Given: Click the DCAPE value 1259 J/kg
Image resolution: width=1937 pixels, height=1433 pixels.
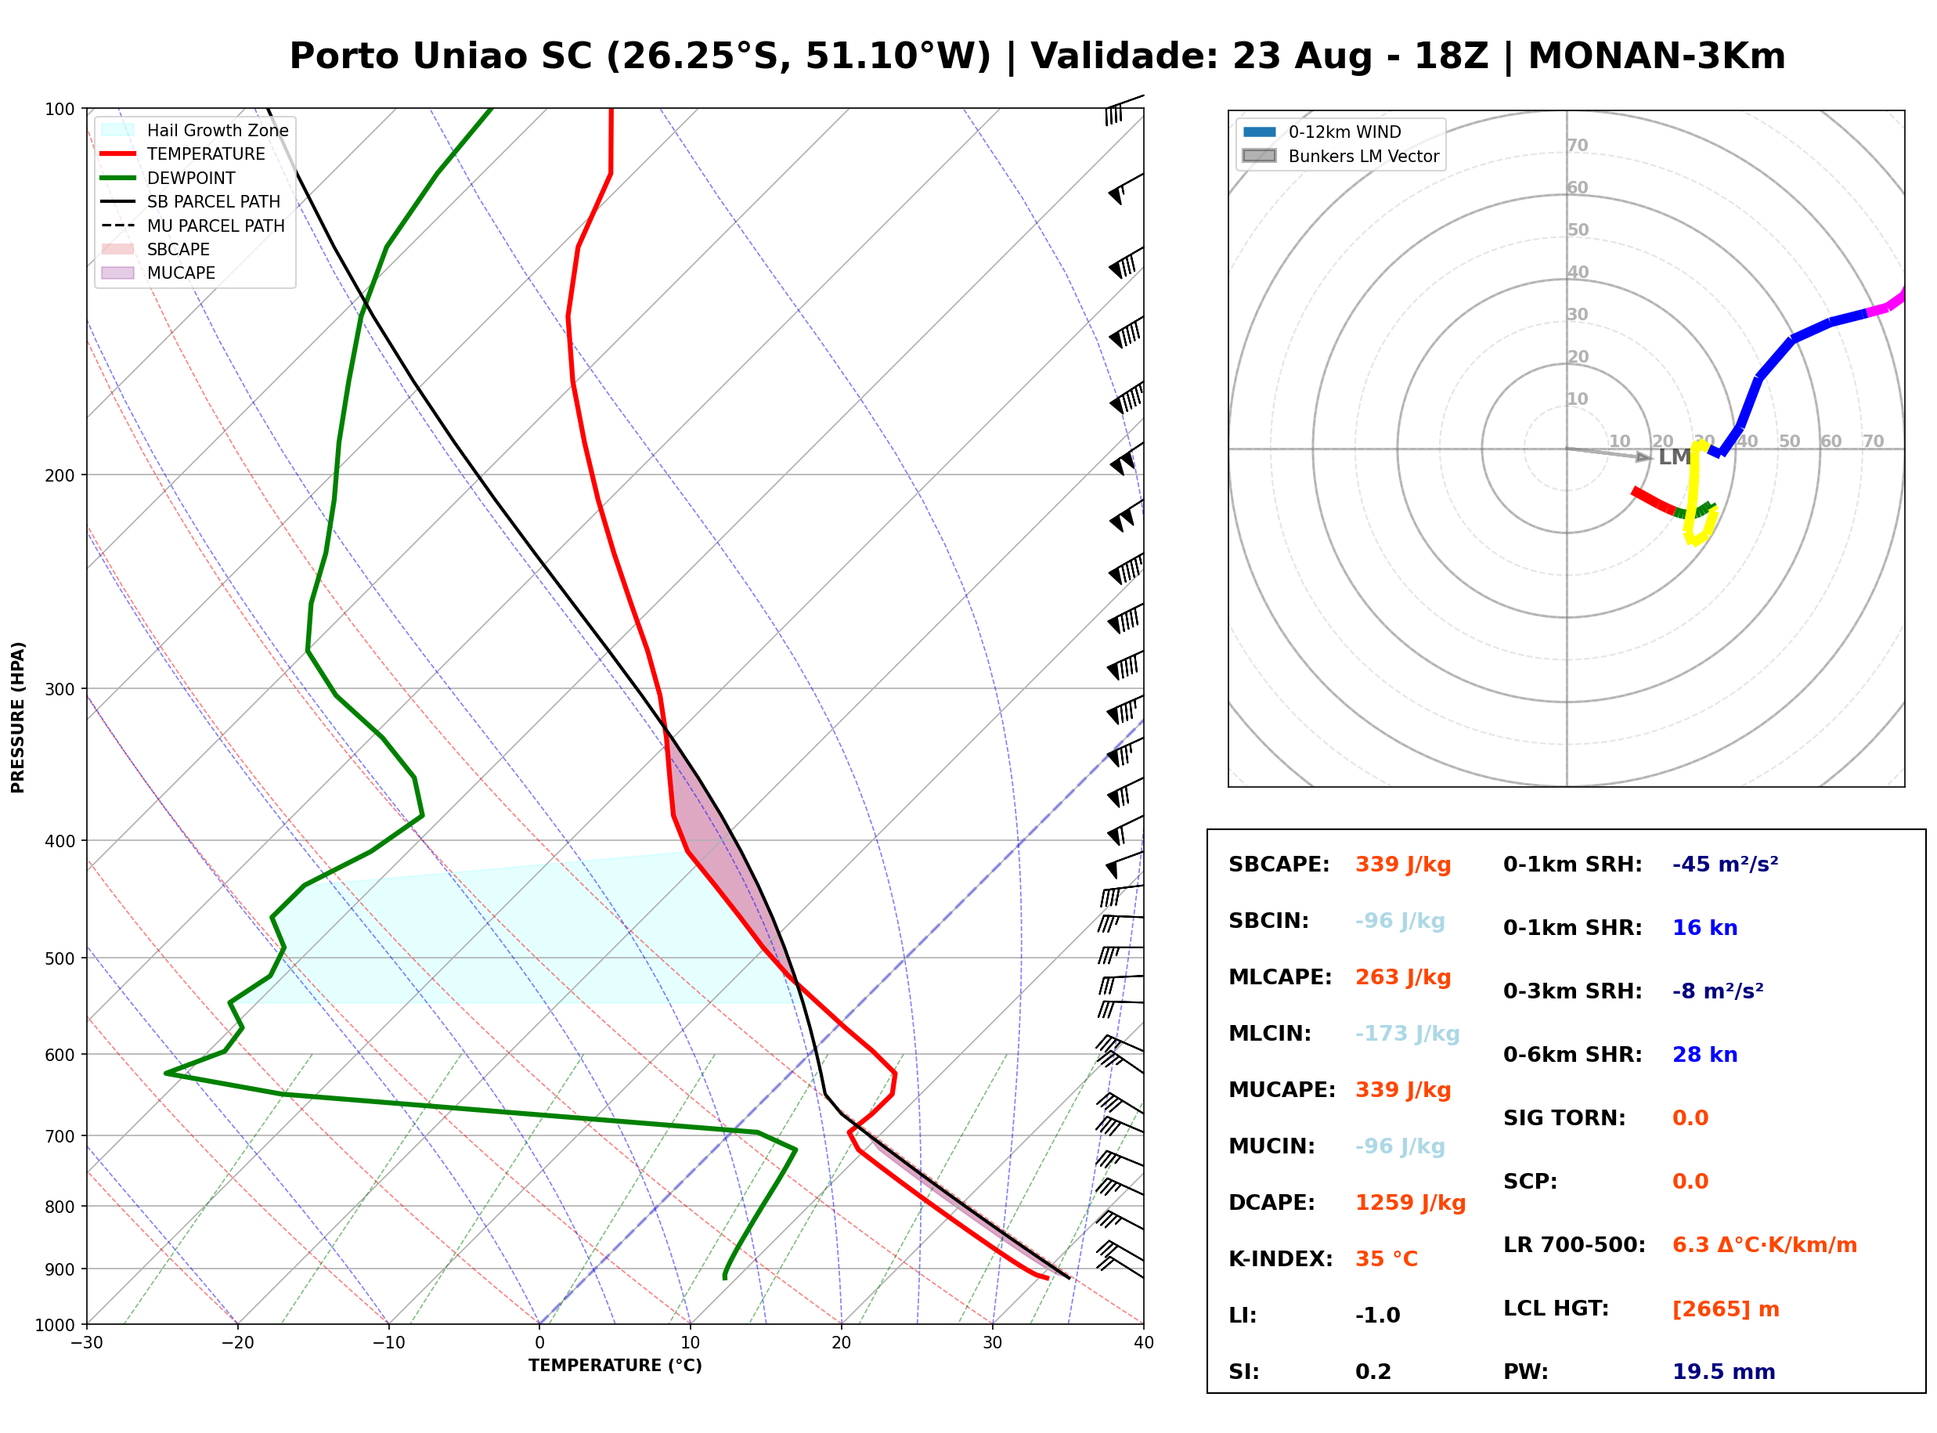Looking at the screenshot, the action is coord(1410,1202).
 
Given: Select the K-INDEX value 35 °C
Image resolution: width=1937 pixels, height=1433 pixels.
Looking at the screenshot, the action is coord(1387,1258).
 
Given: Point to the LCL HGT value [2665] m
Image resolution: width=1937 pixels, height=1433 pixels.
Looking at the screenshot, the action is coord(1726,1309).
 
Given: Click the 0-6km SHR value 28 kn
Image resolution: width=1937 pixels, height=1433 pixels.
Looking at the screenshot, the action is coord(1704,1054).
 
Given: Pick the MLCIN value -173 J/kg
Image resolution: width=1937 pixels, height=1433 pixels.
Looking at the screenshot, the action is coord(1407,1033).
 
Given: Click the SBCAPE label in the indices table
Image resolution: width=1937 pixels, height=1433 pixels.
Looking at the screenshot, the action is coord(1279,864).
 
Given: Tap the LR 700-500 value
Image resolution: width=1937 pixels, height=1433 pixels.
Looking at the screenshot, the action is coord(1765,1245).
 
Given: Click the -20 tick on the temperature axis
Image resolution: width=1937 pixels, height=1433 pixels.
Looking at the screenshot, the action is coord(236,1343).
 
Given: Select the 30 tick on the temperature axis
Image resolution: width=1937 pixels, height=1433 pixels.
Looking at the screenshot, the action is coord(992,1343).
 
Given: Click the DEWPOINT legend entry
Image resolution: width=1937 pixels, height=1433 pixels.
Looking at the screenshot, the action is coord(168,178).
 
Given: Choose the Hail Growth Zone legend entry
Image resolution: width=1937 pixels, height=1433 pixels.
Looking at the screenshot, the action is coord(194,130).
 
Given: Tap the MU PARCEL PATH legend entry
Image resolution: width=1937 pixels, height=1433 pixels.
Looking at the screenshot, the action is coord(193,226).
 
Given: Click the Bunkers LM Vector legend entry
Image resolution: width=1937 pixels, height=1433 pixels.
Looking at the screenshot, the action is coord(1340,156).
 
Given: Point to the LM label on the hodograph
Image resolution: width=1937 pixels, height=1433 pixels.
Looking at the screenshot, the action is coord(1673,457).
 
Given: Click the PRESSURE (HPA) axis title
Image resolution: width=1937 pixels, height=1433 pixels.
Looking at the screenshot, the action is coord(18,716).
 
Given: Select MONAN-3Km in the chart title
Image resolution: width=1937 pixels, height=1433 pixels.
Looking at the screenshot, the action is coord(1656,56).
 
